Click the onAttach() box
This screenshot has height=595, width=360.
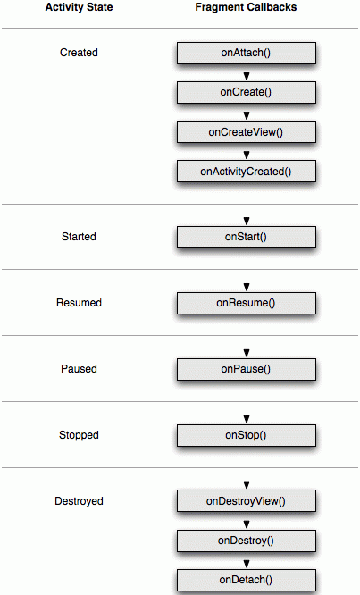pyautogui.click(x=247, y=53)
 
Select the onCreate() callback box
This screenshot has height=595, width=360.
pyautogui.click(x=247, y=92)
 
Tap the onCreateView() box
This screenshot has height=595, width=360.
pyautogui.click(x=247, y=132)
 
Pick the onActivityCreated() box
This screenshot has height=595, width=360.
pyautogui.click(x=247, y=172)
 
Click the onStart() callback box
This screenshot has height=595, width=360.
pyautogui.click(x=247, y=237)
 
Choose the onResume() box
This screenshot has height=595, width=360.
pyautogui.click(x=247, y=303)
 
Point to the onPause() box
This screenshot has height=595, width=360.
pyautogui.click(x=247, y=369)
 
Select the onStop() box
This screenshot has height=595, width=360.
pyautogui.click(x=247, y=435)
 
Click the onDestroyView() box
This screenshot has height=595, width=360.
pyautogui.click(x=247, y=501)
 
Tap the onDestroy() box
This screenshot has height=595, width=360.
pyautogui.click(x=247, y=541)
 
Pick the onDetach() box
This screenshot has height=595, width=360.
pyautogui.click(x=247, y=580)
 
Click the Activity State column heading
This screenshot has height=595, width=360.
pyautogui.click(x=79, y=7)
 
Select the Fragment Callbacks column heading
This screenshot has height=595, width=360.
pyautogui.click(x=246, y=7)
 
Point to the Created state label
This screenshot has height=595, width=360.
pyautogui.click(x=79, y=53)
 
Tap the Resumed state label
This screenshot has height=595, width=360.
pyautogui.click(x=79, y=303)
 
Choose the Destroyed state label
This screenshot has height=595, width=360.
pyautogui.click(x=79, y=501)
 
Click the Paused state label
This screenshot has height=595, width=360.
pyautogui.click(x=79, y=368)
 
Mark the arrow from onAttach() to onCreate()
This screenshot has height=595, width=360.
pyautogui.click(x=247, y=72)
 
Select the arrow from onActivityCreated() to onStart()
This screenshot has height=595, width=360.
pyautogui.click(x=247, y=205)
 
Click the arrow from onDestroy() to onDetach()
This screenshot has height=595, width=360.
pyautogui.click(x=247, y=560)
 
